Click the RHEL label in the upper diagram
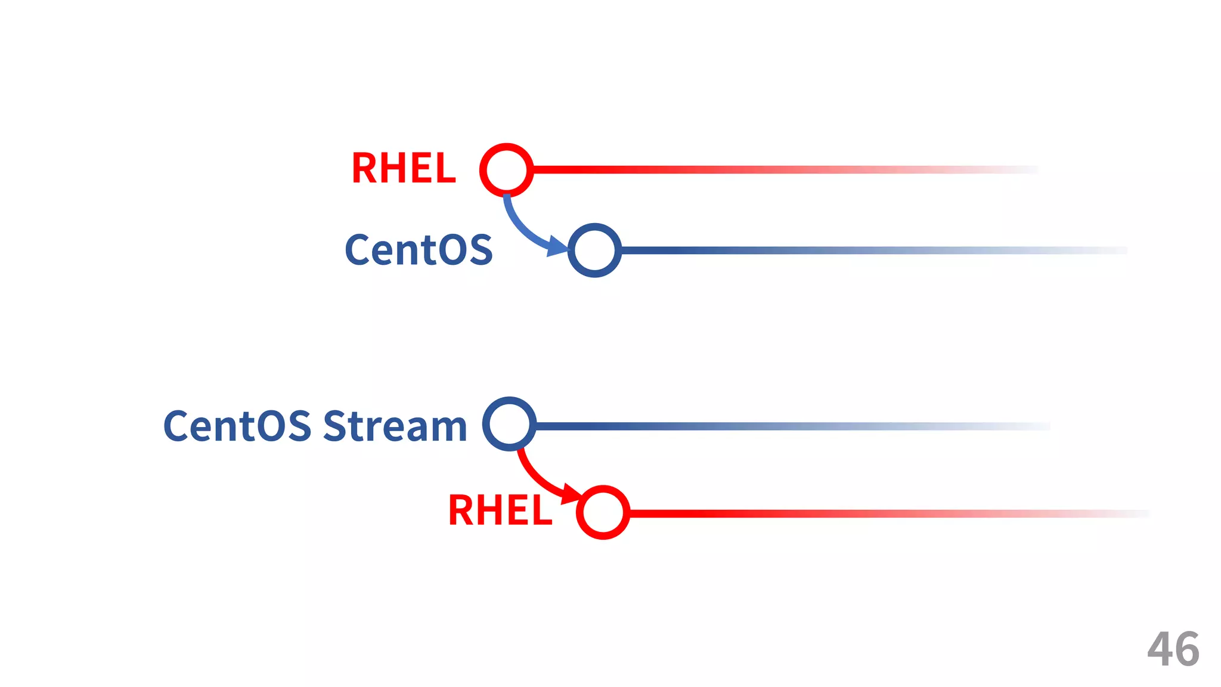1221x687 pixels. (x=404, y=168)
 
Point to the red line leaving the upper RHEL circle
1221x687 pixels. (x=715, y=170)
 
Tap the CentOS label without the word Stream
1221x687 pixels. (x=419, y=250)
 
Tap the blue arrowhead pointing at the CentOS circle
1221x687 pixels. (x=558, y=245)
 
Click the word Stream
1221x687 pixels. (x=395, y=426)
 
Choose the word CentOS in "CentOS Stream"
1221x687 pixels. (x=237, y=426)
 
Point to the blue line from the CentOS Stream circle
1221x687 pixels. (x=745, y=426)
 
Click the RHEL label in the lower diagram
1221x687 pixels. (x=500, y=511)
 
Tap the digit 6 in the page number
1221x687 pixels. (x=1187, y=649)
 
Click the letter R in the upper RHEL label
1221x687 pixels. (x=364, y=168)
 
